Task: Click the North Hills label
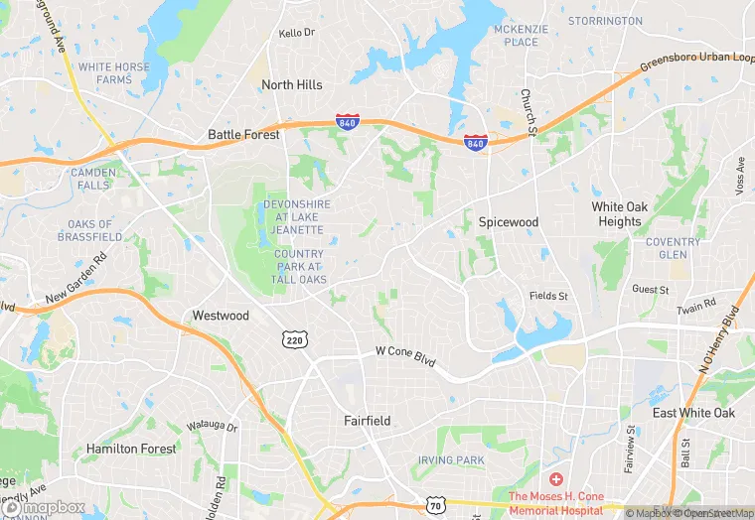(x=291, y=85)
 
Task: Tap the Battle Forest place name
(x=243, y=134)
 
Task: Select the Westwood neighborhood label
(x=221, y=317)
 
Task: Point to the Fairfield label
(x=368, y=421)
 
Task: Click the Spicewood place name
(x=508, y=222)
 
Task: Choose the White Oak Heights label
(x=620, y=214)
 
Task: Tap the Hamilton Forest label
(x=131, y=449)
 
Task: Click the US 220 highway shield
(x=292, y=338)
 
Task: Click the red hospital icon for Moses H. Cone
(x=555, y=478)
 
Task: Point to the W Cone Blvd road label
(x=405, y=352)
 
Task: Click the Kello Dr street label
(x=296, y=33)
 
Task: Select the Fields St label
(x=548, y=296)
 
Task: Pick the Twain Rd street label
(x=695, y=304)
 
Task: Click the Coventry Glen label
(x=673, y=248)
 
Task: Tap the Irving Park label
(x=450, y=460)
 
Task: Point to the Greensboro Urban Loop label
(x=696, y=68)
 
